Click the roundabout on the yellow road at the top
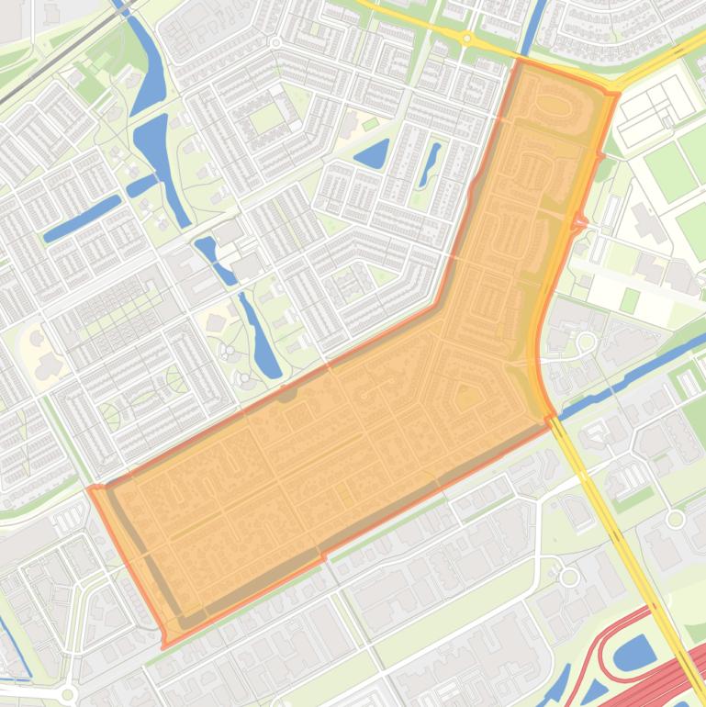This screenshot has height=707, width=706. click(466, 39)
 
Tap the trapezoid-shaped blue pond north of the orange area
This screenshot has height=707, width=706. click(372, 154)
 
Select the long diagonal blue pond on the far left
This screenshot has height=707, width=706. click(82, 218)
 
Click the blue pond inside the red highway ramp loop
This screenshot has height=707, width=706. click(633, 654)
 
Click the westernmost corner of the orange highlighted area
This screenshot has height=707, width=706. click(91, 488)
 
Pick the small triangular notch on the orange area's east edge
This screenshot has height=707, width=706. click(580, 222)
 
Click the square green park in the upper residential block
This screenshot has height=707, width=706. click(265, 118)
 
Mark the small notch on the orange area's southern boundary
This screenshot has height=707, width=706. click(322, 556)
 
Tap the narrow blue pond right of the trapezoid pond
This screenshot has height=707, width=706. click(430, 163)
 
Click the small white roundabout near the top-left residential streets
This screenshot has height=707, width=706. click(275, 42)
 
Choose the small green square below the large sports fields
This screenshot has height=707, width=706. click(629, 299)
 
